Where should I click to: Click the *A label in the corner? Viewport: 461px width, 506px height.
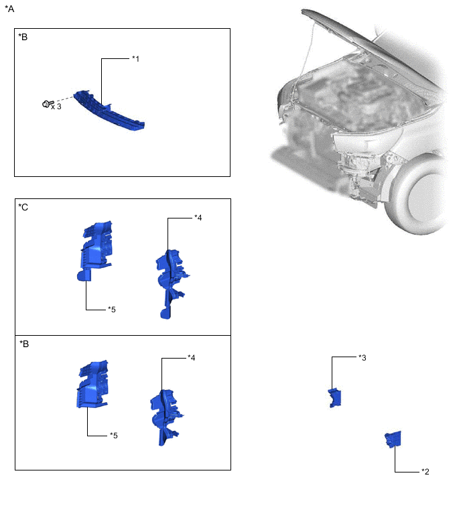(x=9, y=9)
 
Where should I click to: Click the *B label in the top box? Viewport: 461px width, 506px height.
(x=23, y=37)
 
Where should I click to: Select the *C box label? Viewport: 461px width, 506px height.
(x=23, y=207)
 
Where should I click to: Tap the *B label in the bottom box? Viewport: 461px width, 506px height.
(x=23, y=344)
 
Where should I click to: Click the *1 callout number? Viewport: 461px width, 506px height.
(x=135, y=59)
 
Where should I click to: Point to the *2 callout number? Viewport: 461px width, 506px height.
(x=425, y=472)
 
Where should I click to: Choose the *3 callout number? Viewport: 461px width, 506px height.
(x=362, y=358)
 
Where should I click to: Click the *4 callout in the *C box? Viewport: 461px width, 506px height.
(x=198, y=217)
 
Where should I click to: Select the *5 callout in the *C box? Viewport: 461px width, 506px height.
(x=112, y=310)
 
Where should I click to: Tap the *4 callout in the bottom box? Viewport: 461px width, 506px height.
(x=192, y=358)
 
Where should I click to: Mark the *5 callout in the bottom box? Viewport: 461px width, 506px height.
(x=114, y=436)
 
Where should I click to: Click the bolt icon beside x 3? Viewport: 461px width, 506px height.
(x=46, y=105)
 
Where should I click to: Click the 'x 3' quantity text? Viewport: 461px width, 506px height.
(x=56, y=107)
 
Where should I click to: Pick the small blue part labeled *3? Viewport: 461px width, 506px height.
(x=334, y=397)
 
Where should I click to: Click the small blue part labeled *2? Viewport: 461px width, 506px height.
(x=393, y=440)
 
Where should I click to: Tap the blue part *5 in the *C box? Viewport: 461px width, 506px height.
(x=94, y=248)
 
